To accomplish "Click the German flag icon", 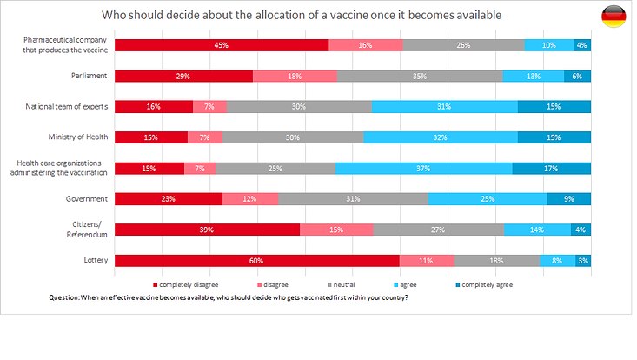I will (x=613, y=16).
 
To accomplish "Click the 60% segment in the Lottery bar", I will (x=257, y=260).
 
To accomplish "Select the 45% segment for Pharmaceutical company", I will (x=222, y=45).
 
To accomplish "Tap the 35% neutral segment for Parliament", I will (x=420, y=76).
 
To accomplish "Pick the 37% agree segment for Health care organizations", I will (x=423, y=168).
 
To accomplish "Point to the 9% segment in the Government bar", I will (x=568, y=198).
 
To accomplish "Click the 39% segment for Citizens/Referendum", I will (x=207, y=230).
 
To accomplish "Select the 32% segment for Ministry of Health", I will (x=441, y=137).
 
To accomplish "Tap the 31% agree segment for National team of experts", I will (x=444, y=106).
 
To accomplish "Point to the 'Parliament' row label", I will (x=89, y=76).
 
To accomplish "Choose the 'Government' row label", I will (x=86, y=198).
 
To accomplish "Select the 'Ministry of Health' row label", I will (x=78, y=137).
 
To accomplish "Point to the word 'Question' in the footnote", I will (x=64, y=297).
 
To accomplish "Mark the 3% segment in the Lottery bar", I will (x=582, y=260).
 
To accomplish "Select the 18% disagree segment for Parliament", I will (x=295, y=76).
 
